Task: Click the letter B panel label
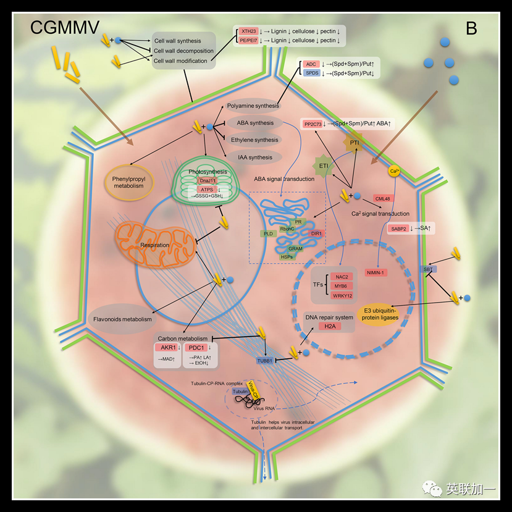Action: click(471, 28)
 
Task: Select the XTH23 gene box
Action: click(248, 31)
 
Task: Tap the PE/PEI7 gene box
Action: click(248, 40)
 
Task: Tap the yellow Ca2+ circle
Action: click(393, 170)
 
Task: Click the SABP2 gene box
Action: click(398, 229)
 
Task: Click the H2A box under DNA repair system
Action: click(329, 327)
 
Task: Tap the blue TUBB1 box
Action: click(264, 359)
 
